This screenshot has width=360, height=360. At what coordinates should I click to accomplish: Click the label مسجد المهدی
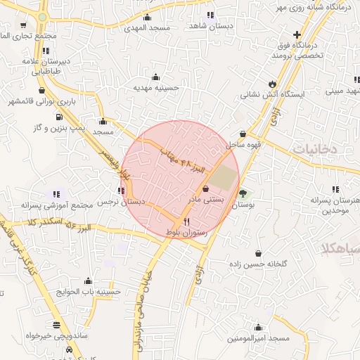148,27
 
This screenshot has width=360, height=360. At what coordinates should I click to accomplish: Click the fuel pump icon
58,117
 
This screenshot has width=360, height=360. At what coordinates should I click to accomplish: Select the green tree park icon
243,193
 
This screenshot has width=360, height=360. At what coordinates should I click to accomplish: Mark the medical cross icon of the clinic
298,34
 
